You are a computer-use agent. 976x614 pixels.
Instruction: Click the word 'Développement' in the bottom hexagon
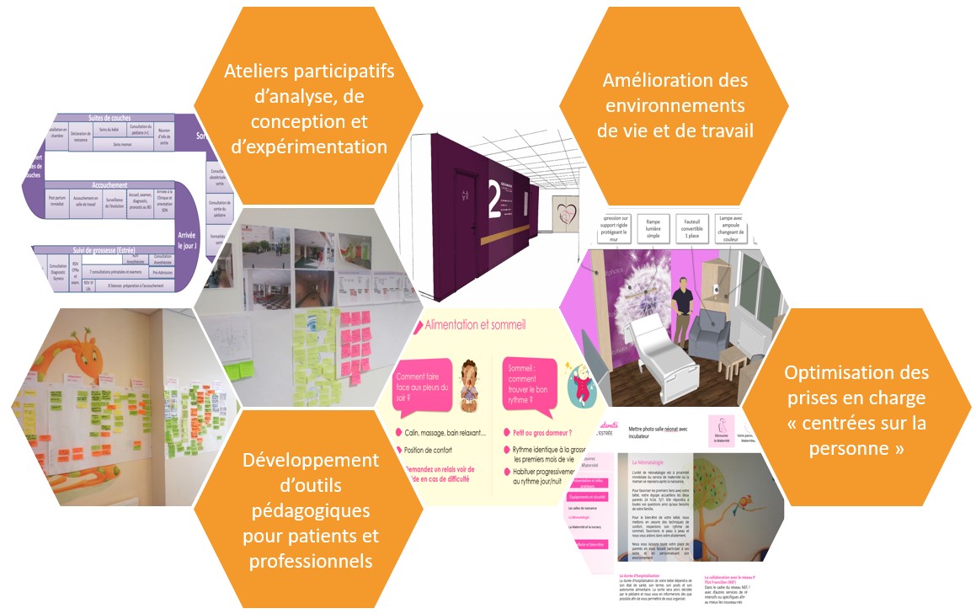coord(311,460)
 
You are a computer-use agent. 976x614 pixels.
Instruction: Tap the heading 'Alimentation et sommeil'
coord(476,323)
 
